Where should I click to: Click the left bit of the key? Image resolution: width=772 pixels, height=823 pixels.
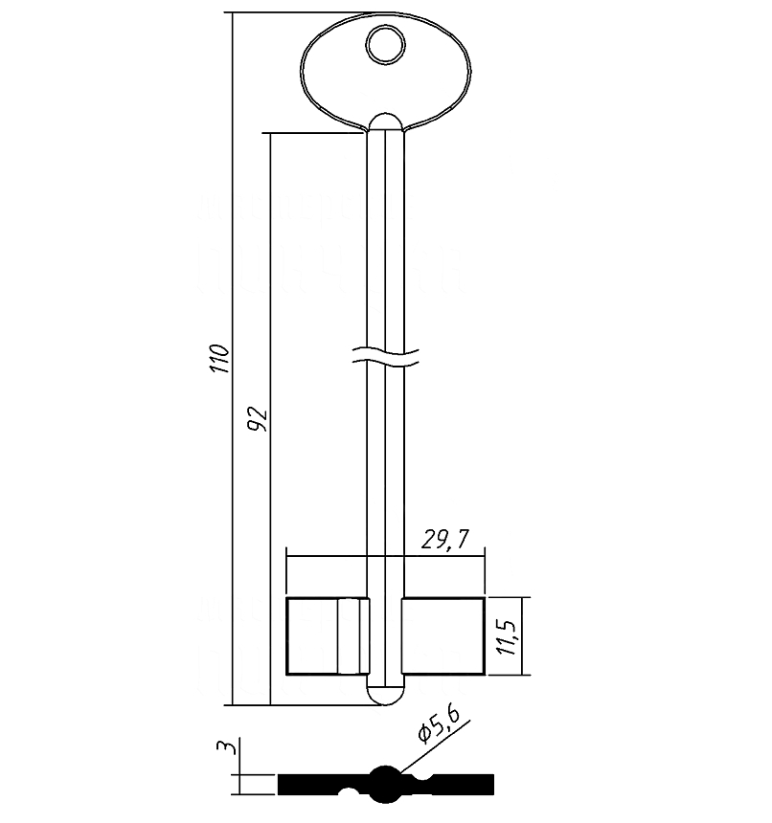point(314,634)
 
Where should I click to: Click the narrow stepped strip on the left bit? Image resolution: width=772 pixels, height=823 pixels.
point(351,634)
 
